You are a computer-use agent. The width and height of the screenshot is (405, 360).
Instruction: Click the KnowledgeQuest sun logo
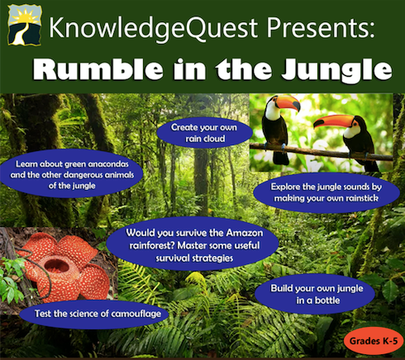click(x=25, y=25)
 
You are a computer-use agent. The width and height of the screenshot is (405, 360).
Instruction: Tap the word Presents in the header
click(x=321, y=27)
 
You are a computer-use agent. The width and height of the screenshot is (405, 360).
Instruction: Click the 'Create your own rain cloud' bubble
click(x=204, y=133)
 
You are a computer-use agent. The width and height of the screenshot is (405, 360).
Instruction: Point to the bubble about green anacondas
click(x=72, y=174)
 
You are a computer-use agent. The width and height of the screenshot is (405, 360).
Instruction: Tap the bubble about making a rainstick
click(x=326, y=192)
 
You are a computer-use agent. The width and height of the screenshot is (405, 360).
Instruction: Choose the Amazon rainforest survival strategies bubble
click(x=193, y=245)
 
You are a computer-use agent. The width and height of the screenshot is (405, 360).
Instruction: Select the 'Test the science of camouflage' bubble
click(x=94, y=315)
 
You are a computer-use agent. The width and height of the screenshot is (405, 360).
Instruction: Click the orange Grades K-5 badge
click(x=374, y=341)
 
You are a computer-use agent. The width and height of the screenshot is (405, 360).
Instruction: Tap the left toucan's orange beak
click(x=288, y=102)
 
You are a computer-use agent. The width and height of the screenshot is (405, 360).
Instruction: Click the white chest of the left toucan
click(x=272, y=111)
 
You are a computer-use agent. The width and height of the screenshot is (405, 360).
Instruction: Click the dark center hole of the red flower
click(x=56, y=265)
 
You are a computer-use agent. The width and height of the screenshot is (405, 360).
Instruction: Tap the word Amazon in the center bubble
click(x=244, y=233)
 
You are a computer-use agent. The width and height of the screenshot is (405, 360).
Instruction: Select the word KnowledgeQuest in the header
click(x=153, y=28)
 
